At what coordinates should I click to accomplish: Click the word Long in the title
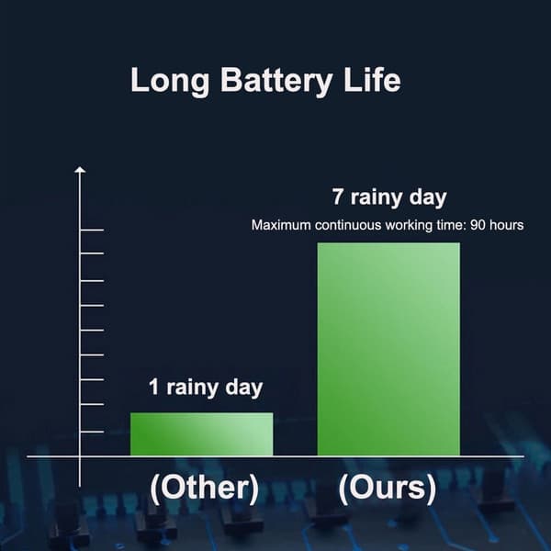(x=170, y=82)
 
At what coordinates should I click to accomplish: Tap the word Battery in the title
(x=276, y=82)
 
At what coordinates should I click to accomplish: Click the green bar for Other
(x=202, y=434)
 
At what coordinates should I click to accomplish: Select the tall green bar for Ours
(x=388, y=349)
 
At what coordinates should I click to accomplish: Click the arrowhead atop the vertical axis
(x=80, y=170)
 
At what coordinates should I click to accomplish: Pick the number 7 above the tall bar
(x=338, y=197)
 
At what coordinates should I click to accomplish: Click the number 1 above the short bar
(x=154, y=387)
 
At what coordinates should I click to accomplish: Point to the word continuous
(x=348, y=225)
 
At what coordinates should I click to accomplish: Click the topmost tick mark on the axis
(x=92, y=231)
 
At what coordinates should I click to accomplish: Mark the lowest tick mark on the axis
(x=92, y=432)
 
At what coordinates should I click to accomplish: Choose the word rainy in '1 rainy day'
(x=193, y=388)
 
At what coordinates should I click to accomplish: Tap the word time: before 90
(x=452, y=225)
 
